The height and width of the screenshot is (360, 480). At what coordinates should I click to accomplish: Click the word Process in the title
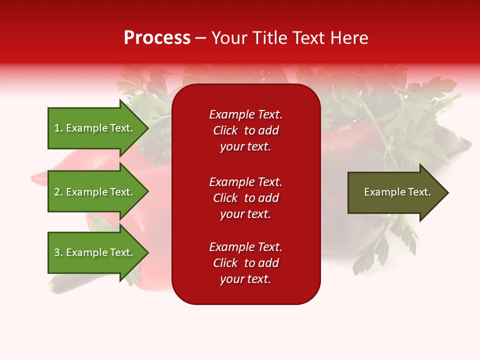(157, 38)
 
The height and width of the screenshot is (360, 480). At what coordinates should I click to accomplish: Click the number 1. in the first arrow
(58, 128)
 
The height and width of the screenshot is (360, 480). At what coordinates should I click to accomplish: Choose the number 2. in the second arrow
(58, 192)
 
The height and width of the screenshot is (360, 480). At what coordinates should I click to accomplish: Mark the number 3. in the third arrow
(58, 252)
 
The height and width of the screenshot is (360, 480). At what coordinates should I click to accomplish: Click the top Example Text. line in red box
(245, 114)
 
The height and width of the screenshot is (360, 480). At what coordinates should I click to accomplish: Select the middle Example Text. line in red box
(245, 182)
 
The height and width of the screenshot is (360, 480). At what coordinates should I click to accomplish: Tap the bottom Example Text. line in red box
(245, 247)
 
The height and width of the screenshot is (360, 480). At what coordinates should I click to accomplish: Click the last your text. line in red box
(245, 279)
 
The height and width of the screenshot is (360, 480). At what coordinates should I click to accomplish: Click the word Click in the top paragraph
(225, 130)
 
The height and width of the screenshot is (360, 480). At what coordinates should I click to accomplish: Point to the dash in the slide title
(201, 38)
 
